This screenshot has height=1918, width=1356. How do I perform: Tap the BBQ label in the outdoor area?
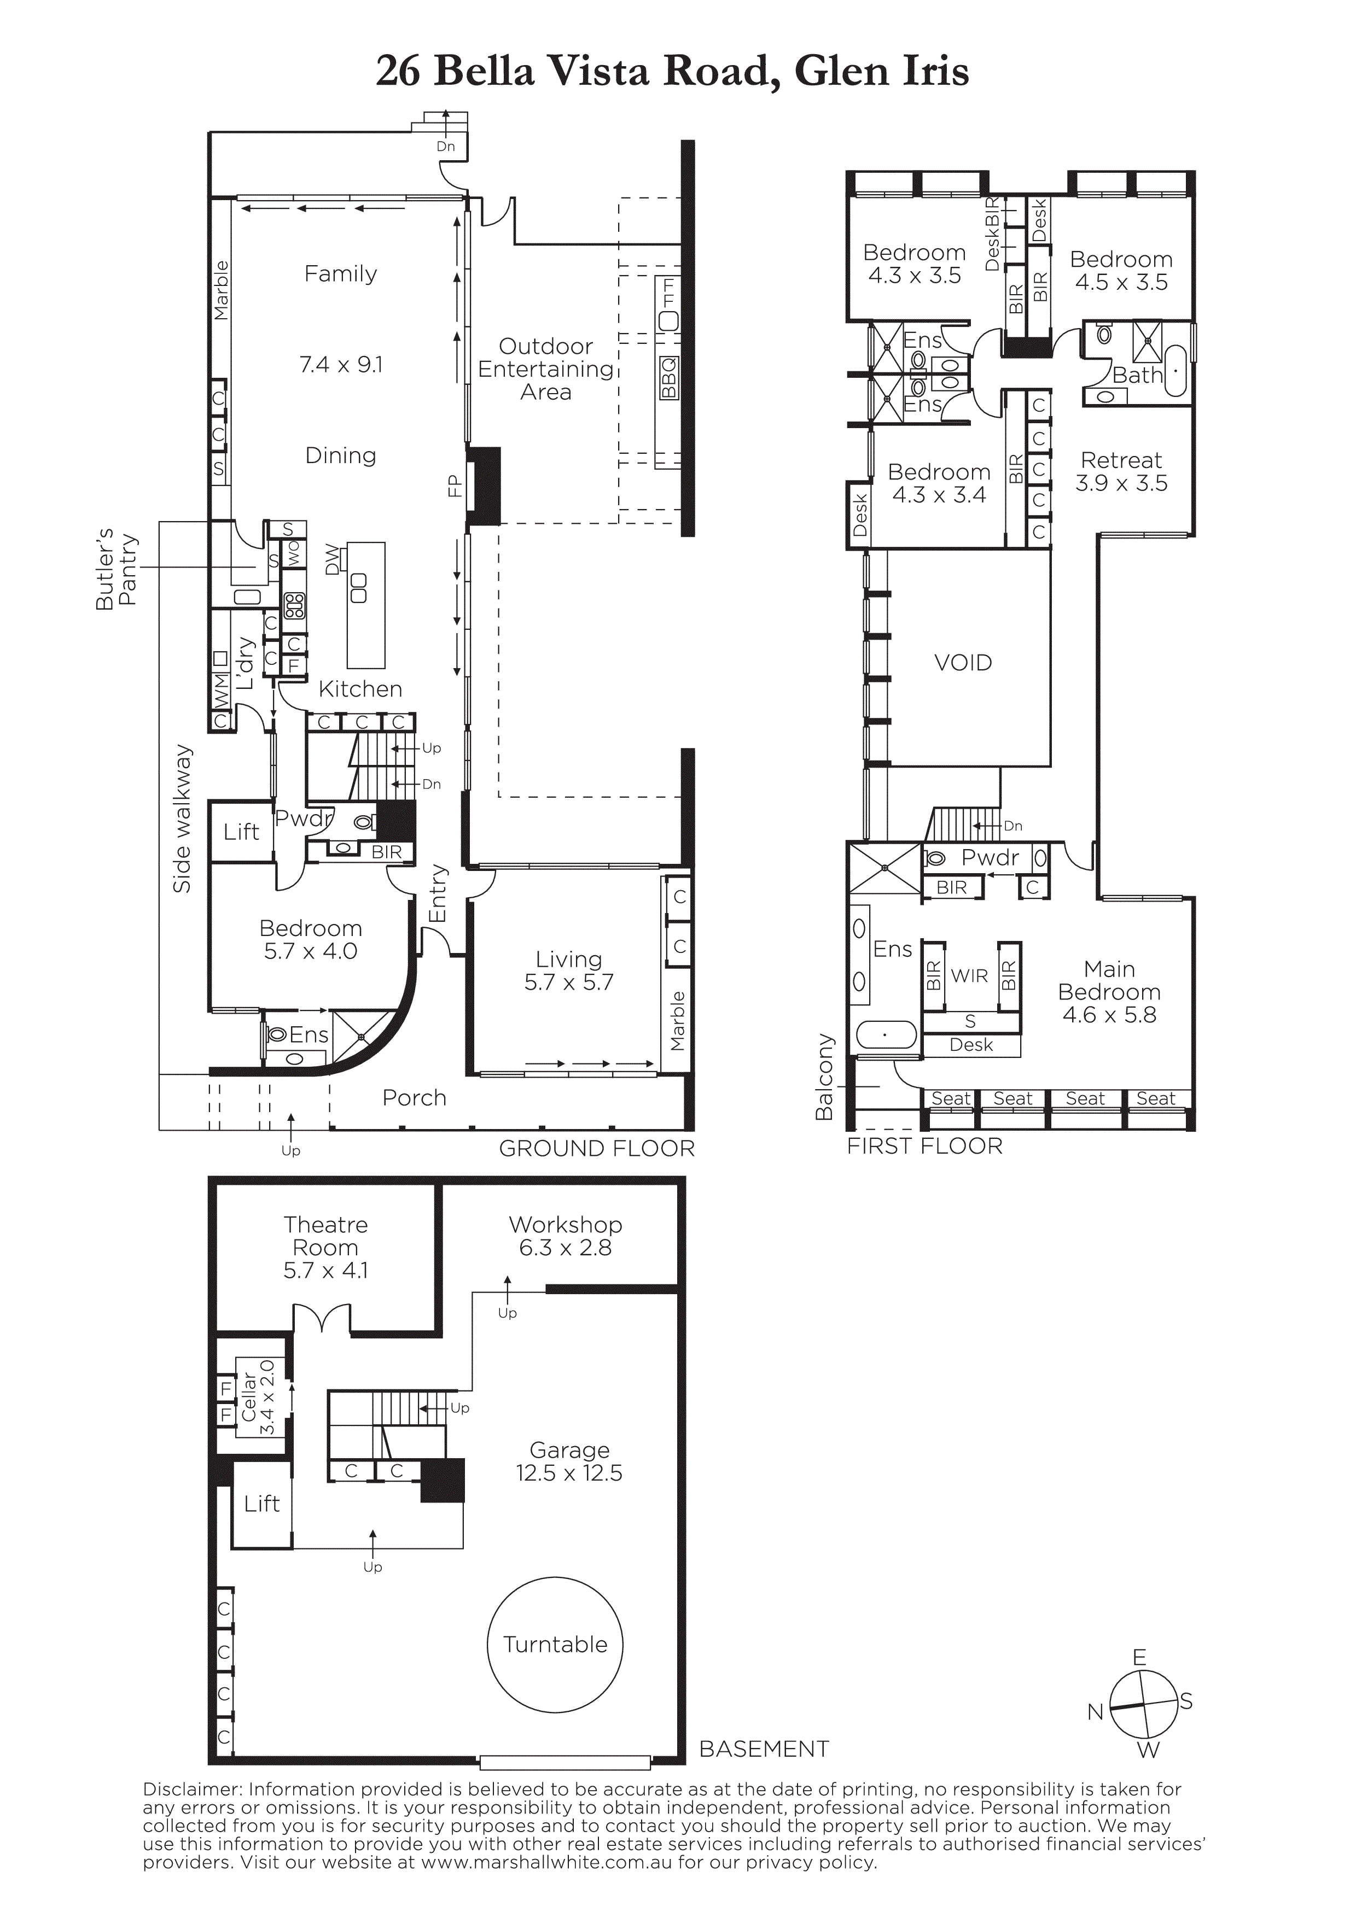pos(668,378)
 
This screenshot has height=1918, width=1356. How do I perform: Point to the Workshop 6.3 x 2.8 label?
pos(566,1236)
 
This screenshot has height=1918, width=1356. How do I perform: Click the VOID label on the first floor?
pos(963,663)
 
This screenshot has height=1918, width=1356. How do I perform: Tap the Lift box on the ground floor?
pos(241,832)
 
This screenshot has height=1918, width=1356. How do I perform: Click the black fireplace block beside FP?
pos(484,486)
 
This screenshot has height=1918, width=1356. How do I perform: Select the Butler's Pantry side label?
pos(116,569)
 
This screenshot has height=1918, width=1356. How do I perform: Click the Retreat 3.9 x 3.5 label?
pos(1121,472)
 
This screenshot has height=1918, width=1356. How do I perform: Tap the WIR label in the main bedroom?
pos(969,976)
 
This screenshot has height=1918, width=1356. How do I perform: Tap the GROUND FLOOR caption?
pos(597,1149)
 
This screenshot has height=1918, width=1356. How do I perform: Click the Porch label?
pos(415,1098)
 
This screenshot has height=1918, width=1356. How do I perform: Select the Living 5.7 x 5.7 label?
pos(569,970)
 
